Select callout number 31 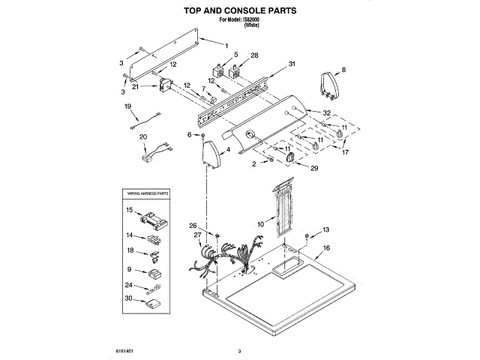[x=292, y=64]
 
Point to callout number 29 [x=314, y=169]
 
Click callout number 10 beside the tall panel [x=260, y=223]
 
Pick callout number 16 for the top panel [x=326, y=247]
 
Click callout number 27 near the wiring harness [x=198, y=235]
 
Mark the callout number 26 [x=193, y=226]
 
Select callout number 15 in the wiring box [x=129, y=211]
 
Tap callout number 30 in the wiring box [x=129, y=298]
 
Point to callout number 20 [x=143, y=136]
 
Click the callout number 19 [x=127, y=107]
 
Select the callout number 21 [x=135, y=87]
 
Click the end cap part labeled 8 [x=328, y=85]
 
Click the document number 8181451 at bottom [x=125, y=350]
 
